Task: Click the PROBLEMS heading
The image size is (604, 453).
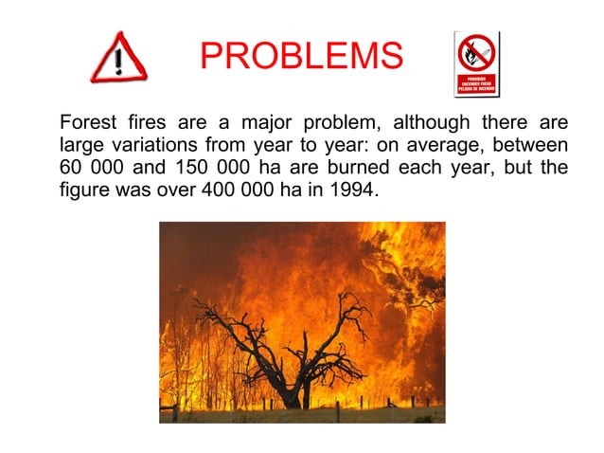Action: pos(301,57)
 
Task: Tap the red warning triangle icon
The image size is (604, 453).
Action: pos(117,59)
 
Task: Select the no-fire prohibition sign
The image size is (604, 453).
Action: pos(476,64)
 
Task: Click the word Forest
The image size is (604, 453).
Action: pos(90,123)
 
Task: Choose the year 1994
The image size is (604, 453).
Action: pos(350,191)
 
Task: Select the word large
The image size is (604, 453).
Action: pos(80,146)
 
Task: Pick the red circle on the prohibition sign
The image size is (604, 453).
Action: pos(476,54)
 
